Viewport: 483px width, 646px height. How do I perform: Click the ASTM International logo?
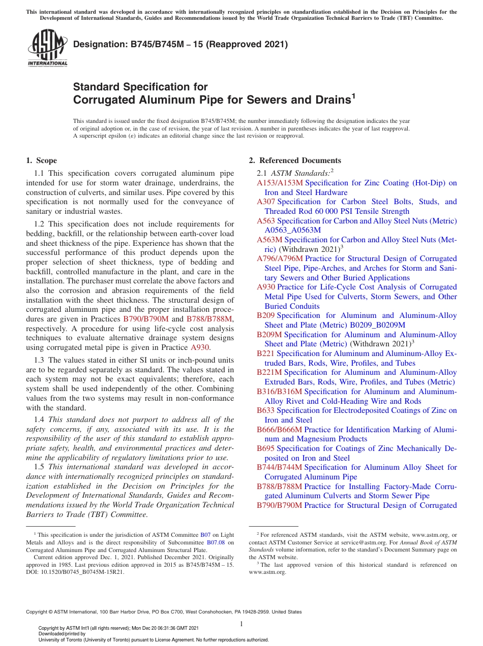point(47,49)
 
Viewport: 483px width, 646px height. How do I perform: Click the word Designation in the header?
point(100,44)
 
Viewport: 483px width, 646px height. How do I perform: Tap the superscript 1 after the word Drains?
point(353,95)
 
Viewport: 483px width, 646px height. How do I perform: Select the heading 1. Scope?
point(41,160)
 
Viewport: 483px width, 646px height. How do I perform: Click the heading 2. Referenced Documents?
point(294,160)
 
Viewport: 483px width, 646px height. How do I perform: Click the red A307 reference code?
point(266,202)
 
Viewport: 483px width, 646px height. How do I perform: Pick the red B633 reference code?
point(265,410)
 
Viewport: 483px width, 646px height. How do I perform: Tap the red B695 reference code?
point(265,448)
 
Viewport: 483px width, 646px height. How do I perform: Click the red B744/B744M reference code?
point(279,467)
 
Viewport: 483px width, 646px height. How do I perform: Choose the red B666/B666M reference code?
point(279,430)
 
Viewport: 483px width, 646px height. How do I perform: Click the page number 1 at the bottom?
point(242,624)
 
